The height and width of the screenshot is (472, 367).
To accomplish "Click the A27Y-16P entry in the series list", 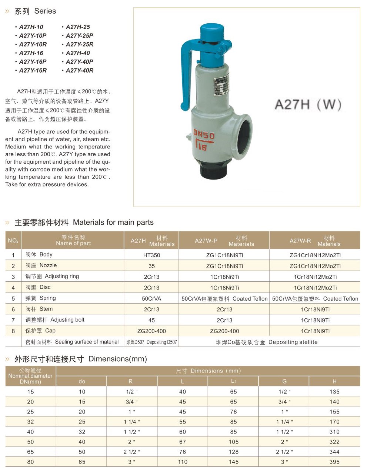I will [x=33, y=61].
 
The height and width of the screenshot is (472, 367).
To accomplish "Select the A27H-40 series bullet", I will [x=78, y=53].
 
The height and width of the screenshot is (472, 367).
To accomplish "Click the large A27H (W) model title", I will [x=308, y=105].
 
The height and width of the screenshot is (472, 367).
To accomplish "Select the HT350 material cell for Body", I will [x=151, y=255].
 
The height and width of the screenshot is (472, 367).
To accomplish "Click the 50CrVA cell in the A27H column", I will [x=151, y=298].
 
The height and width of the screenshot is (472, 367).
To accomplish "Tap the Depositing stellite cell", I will [x=267, y=342].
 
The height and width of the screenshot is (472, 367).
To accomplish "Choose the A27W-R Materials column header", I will [x=315, y=241].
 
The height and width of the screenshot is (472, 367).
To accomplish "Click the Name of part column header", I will [x=73, y=240].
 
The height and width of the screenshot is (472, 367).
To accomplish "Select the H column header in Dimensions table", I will [x=334, y=381].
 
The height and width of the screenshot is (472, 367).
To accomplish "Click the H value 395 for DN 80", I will [x=334, y=462].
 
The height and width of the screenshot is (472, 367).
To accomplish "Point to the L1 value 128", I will [x=233, y=452].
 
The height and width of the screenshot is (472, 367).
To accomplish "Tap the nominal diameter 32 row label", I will [x=30, y=422].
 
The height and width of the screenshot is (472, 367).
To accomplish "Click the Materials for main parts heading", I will [x=84, y=222].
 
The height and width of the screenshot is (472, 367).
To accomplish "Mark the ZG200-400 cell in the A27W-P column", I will [x=224, y=331].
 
